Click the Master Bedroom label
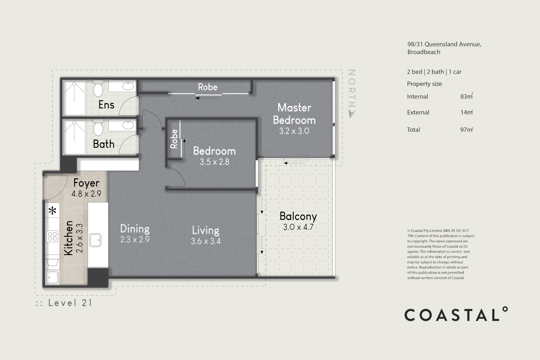(294, 114)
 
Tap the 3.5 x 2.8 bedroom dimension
(214, 162)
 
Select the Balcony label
(298, 216)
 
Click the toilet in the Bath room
(98, 128)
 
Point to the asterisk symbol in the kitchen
(53, 211)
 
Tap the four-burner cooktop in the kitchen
(53, 236)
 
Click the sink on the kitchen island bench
(95, 240)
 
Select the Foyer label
(86, 183)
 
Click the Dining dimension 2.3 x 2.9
(135, 239)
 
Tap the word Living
(205, 230)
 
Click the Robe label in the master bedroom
(207, 87)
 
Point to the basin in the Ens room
(128, 86)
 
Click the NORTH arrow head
(351, 114)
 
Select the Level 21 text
(70, 303)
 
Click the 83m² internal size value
(466, 96)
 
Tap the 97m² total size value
(466, 130)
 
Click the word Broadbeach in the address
(424, 52)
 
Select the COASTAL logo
(456, 314)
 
